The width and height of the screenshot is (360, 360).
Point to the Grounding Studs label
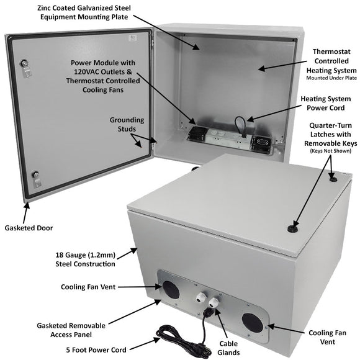point(127,125)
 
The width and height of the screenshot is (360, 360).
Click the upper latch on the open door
point(25,64)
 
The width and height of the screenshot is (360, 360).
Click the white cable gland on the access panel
point(200,292)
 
